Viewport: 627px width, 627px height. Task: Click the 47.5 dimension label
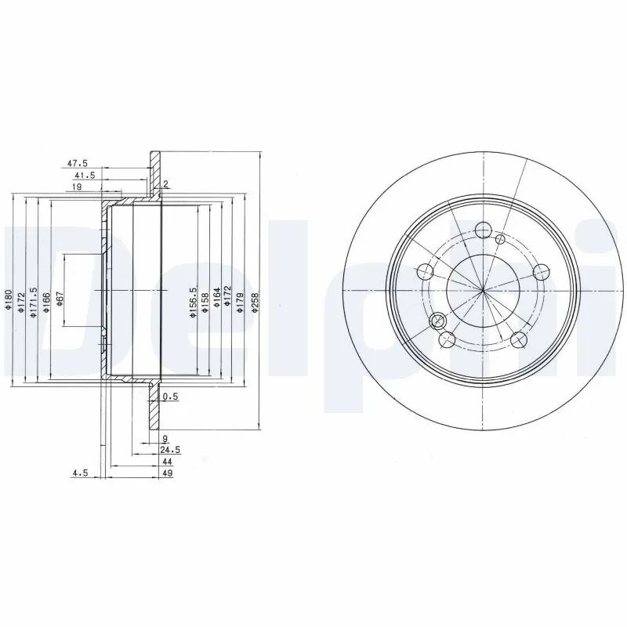click(x=77, y=165)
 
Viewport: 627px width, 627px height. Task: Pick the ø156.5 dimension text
click(x=192, y=302)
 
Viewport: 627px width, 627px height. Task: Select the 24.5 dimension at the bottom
click(x=170, y=451)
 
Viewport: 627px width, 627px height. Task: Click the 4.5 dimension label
click(x=79, y=473)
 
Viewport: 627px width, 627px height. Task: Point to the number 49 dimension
click(x=166, y=473)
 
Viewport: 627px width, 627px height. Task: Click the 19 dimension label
click(x=78, y=188)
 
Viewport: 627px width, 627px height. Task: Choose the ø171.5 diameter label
click(x=34, y=302)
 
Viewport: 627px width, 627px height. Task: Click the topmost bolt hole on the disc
click(x=483, y=230)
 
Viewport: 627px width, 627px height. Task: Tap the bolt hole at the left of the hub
click(x=426, y=272)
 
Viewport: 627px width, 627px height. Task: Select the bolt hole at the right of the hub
click(x=540, y=272)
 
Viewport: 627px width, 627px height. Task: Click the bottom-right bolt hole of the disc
click(x=518, y=340)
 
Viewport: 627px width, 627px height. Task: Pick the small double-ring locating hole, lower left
click(x=438, y=320)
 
